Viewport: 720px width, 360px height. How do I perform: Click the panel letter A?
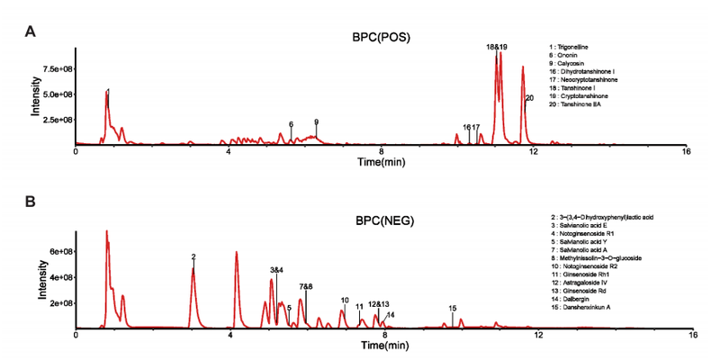(x=30, y=31)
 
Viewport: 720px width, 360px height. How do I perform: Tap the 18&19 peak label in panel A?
(x=498, y=45)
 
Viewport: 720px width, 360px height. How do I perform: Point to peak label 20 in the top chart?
(x=529, y=97)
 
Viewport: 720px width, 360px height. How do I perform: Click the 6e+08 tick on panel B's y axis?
(x=58, y=251)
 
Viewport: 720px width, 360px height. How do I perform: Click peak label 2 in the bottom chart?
(x=193, y=257)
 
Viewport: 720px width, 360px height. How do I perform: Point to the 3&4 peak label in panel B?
(x=276, y=270)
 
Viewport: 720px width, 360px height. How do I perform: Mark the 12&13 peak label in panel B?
(x=379, y=304)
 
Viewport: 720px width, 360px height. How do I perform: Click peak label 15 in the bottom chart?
(x=453, y=309)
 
